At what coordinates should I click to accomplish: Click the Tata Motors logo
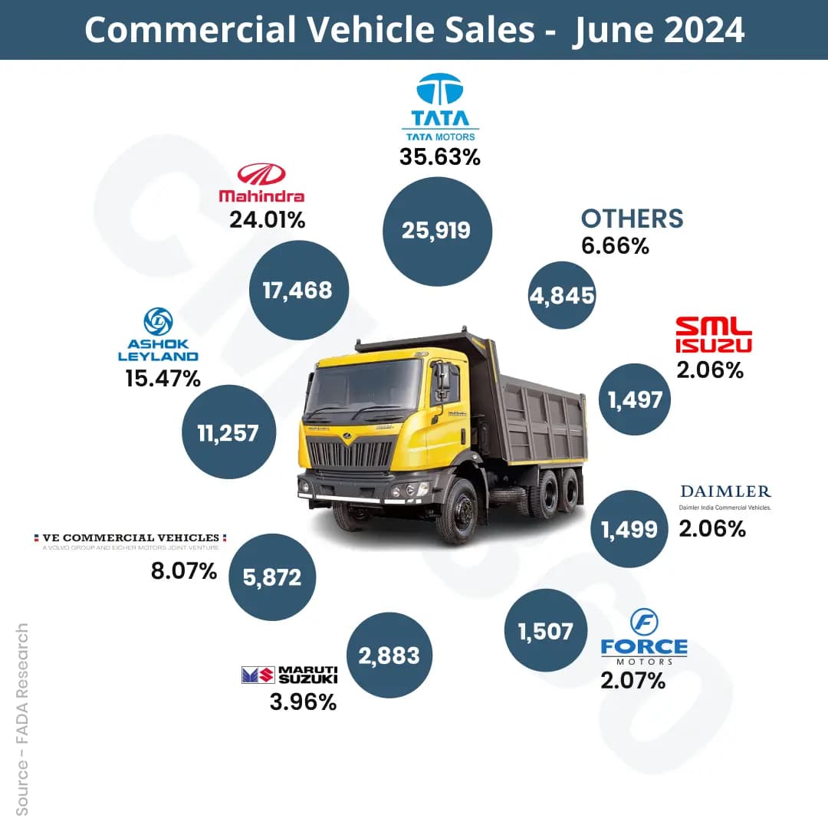coord(439,107)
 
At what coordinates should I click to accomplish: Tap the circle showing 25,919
coord(436,231)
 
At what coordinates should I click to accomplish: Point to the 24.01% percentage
coord(268,220)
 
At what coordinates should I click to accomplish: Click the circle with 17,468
coord(297,290)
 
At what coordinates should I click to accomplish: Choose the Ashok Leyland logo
coord(158,336)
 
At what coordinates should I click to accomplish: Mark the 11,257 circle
coord(228,432)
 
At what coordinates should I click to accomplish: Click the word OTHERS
coord(632,219)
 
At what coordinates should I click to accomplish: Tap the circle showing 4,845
coord(562,295)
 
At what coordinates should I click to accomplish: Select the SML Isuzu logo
coord(713,335)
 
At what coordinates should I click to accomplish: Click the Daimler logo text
coord(725,491)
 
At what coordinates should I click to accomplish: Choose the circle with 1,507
coord(545,631)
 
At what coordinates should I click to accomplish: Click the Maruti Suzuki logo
coord(289,675)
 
